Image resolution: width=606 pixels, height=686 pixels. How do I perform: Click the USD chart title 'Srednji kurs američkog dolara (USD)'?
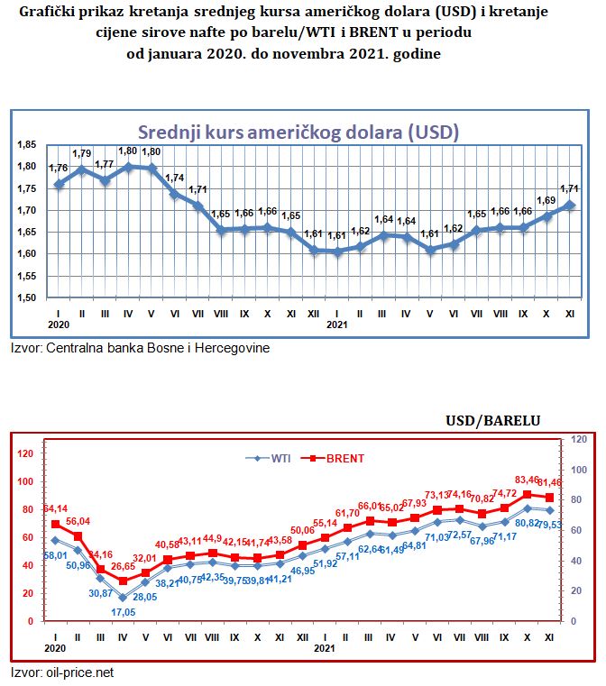click(298, 132)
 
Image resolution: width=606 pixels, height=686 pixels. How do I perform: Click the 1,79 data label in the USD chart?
click(83, 153)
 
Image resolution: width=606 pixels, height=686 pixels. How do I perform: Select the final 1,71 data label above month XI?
click(571, 188)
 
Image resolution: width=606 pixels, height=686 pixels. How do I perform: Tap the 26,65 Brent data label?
click(124, 566)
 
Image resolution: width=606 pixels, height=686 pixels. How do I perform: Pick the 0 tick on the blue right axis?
click(574, 621)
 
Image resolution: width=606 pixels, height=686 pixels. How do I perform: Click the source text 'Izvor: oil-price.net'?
click(62, 672)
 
